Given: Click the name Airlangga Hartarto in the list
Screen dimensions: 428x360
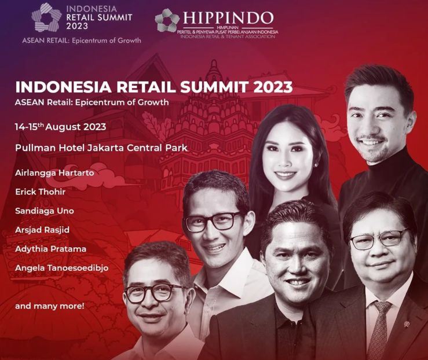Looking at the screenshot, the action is [54, 173].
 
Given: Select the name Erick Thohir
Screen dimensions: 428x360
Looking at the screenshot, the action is [41, 192].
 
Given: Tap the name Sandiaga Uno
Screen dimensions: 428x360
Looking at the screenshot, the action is [45, 211].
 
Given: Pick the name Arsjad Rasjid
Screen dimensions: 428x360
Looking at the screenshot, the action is [42, 230].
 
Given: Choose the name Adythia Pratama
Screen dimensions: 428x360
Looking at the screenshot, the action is [51, 249].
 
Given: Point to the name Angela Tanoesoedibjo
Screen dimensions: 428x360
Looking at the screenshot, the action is [62, 268].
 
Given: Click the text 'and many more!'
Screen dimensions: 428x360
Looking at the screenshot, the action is [50, 306].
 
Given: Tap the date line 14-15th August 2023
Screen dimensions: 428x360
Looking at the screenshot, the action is [60, 127].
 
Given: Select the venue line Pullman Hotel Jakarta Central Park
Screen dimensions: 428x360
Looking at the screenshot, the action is [101, 148].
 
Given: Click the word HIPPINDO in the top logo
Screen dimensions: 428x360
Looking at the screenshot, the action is [228, 18].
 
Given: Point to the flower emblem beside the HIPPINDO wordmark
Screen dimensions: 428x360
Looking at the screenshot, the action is [167, 20].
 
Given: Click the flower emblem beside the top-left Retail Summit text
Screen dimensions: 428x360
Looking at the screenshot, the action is [46, 17].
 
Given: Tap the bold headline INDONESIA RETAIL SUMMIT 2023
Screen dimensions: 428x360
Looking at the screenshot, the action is [154, 87].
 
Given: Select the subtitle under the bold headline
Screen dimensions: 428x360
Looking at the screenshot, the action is [92, 102].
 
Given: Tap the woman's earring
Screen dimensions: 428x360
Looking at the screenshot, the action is [316, 166].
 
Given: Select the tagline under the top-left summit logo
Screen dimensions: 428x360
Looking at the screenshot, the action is [82, 41].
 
